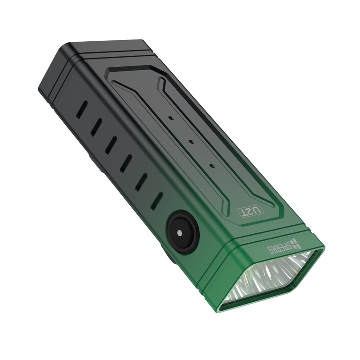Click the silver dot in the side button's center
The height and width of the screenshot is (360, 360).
[x=178, y=232]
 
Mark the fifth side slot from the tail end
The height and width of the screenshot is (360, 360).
[x=142, y=181]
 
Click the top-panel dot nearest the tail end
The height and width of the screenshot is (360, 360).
[x=171, y=119]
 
